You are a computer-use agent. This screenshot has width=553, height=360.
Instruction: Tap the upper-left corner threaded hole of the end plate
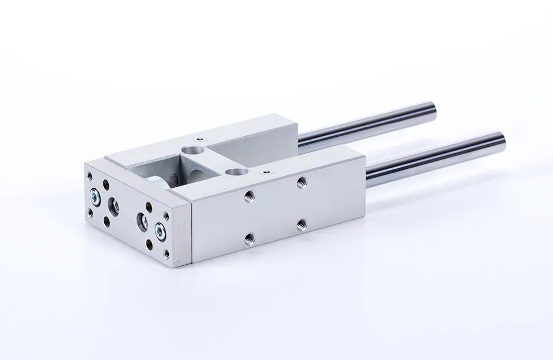click(x=90, y=176)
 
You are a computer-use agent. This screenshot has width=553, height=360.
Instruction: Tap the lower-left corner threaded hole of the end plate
click(x=90, y=213)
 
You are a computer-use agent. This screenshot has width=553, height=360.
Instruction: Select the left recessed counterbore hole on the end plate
click(x=113, y=205)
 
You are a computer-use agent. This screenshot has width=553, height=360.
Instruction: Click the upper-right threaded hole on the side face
click(x=301, y=181)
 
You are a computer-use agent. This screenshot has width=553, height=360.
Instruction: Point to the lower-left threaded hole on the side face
click(x=248, y=239)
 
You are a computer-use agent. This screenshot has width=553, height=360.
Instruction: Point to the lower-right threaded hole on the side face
click(x=301, y=223)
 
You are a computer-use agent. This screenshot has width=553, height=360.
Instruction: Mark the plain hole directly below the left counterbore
click(x=107, y=222)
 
